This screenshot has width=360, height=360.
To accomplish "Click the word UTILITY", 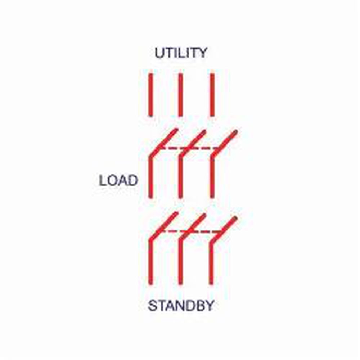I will coord(181,53).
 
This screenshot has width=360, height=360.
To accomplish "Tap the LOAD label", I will coord(118,180).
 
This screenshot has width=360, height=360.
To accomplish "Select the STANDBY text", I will coord(181,306).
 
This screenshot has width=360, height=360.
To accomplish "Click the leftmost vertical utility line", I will coord(150,95).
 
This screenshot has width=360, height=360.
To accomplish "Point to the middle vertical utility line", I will coord(181,95).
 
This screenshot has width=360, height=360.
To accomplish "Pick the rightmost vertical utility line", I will coord(212,95).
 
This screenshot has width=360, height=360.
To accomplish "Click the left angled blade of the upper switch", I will coord(163,141).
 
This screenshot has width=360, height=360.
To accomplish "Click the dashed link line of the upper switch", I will coord(187,148).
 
